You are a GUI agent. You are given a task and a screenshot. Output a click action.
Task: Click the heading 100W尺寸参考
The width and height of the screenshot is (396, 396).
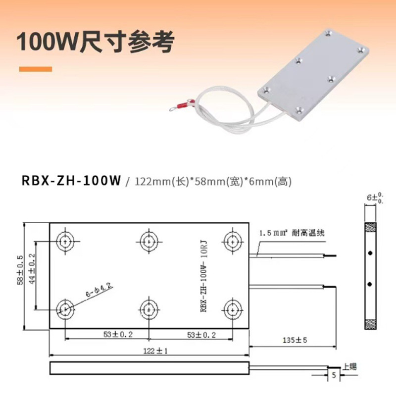tap(96, 43)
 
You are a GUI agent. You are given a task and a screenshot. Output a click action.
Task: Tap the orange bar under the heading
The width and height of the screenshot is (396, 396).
tap(35, 69)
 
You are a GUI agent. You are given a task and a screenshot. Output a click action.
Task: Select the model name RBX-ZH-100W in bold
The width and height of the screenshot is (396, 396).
tap(71, 181)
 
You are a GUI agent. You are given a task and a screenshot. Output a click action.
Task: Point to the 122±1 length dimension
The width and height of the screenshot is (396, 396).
tap(148, 350)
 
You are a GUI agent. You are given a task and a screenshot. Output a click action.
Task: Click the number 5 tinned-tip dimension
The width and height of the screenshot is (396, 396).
tap(334, 375)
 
